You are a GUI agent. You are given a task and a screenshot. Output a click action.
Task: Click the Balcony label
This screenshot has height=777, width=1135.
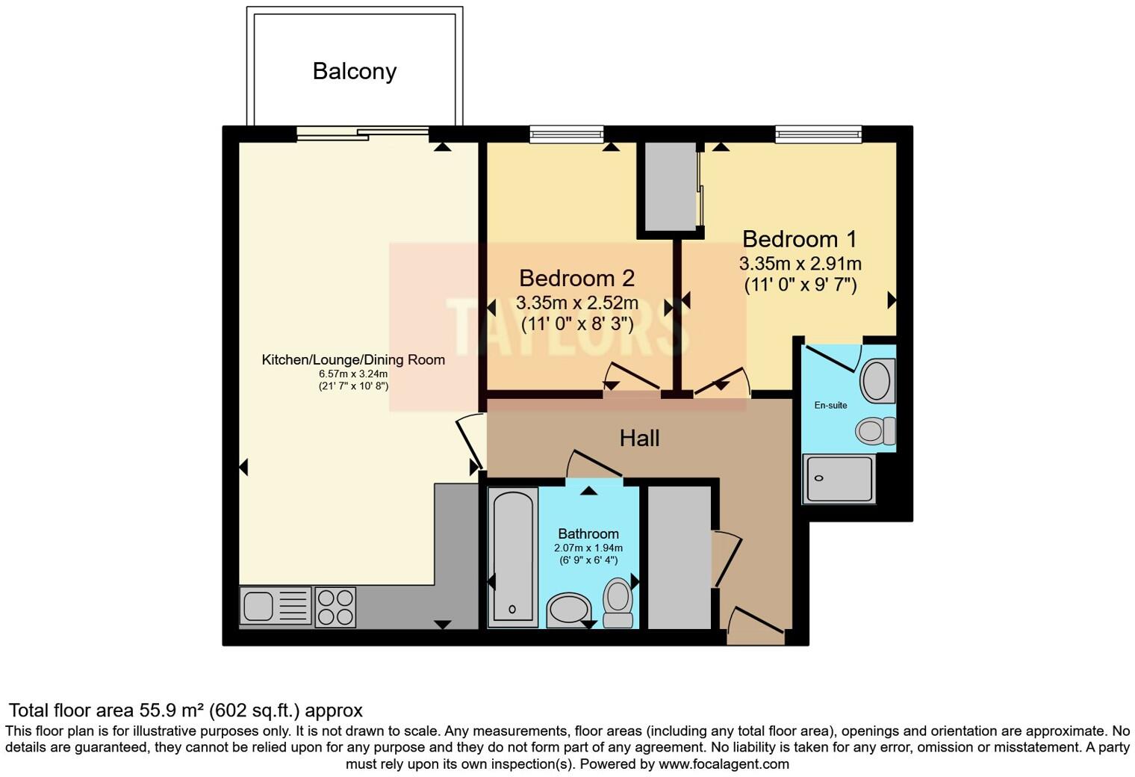[355, 71]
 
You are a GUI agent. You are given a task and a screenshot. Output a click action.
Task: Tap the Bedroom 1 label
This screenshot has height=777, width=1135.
[799, 239]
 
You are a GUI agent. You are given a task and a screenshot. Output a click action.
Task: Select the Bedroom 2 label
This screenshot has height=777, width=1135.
[576, 278]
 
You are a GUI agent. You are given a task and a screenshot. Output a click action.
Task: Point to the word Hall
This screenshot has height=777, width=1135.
[639, 438]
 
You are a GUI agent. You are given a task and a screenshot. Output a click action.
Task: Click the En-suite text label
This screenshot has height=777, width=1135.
[830, 405]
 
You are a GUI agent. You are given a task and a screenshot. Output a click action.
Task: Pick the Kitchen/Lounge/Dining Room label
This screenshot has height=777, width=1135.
[353, 359]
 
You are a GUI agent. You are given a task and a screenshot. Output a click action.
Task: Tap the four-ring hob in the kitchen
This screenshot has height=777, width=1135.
[335, 607]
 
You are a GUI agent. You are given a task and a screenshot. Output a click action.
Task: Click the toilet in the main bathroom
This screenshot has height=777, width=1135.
[618, 602]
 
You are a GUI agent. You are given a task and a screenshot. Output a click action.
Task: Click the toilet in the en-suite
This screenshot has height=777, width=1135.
[874, 431]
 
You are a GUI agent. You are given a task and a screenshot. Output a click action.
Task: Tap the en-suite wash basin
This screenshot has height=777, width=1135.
[877, 380]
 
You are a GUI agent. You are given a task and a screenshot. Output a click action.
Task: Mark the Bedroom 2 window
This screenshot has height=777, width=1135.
[566, 134]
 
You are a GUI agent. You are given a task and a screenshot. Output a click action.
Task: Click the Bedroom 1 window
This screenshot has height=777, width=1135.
[818, 134]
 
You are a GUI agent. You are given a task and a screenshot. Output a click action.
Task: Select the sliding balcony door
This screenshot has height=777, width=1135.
[363, 134]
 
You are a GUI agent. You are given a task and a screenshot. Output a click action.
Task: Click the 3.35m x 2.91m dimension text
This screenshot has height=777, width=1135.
[800, 264]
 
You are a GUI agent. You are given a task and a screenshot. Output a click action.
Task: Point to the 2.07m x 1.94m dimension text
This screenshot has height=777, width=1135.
[588, 548]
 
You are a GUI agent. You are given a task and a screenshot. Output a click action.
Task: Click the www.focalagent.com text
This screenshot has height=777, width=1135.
[724, 764]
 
